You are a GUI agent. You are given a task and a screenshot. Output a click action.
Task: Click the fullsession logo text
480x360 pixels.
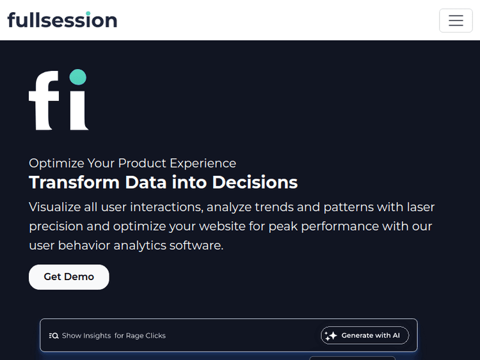coord(62,20)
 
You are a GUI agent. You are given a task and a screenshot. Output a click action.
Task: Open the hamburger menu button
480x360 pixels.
coord(456,20)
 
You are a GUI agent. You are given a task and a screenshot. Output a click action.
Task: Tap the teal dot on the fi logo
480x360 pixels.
coord(77,77)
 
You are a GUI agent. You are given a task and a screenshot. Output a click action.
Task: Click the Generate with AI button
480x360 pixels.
coord(365,335)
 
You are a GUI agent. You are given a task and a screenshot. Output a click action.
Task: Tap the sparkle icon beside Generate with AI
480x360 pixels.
coord(331,336)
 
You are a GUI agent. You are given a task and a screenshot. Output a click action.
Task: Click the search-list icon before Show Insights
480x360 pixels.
coord(54,336)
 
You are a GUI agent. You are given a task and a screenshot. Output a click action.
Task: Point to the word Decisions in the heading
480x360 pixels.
coord(255,182)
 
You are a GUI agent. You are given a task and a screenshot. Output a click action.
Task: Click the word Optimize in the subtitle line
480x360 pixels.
coord(56,163)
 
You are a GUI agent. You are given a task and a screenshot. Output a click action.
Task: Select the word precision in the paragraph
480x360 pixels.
coord(56,226)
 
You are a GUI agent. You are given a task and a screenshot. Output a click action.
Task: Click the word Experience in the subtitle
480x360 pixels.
coord(203,163)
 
